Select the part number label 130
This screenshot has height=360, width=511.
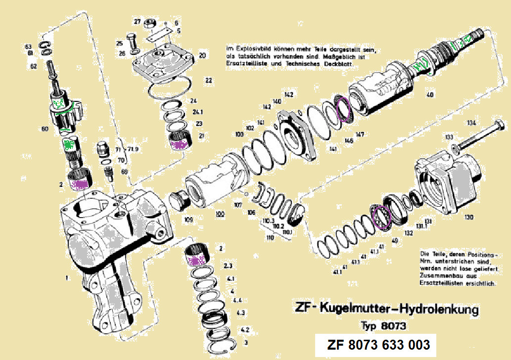pyautogui.click(x=468, y=217)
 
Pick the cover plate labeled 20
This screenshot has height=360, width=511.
pyautogui.click(x=163, y=64)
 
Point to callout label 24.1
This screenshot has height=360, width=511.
pyautogui.click(x=199, y=112)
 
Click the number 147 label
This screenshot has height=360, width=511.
pyautogui.click(x=360, y=135)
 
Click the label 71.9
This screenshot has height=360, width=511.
pyautogui.click(x=133, y=149)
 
